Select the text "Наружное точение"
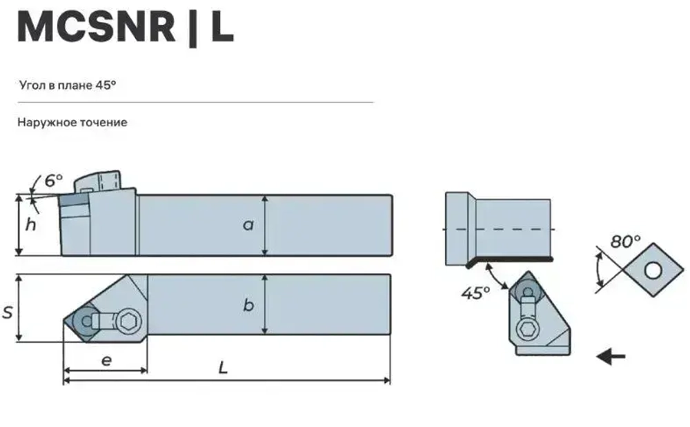[x=72, y=122]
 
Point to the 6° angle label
[x=53, y=181]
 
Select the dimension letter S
[x=8, y=312]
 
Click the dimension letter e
[x=105, y=360]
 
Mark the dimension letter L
[x=223, y=368]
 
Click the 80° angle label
[x=625, y=242]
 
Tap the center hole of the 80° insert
[x=652, y=271]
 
